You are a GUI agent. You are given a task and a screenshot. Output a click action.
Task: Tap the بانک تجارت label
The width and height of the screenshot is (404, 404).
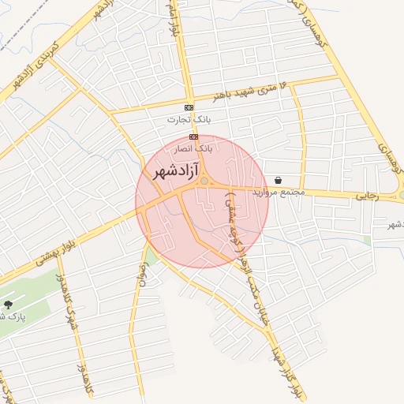click(184, 120)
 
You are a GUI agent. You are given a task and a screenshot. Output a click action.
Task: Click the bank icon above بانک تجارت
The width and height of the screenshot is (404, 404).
click(189, 107)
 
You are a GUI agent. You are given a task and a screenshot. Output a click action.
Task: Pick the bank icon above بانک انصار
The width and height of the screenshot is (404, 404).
click(193, 136)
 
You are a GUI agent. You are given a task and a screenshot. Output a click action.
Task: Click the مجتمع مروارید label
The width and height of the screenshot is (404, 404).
click(273, 193)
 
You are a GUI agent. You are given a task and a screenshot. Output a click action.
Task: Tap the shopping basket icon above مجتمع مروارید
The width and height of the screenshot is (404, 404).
click(279, 180)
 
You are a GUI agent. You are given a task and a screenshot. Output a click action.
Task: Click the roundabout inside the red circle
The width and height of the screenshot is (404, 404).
click(204, 182)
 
